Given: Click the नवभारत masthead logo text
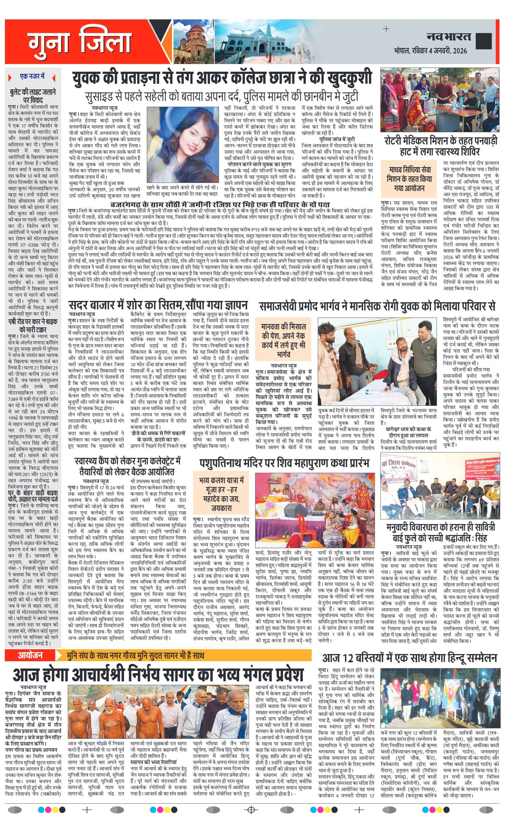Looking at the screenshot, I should pyautogui.click(x=449, y=37).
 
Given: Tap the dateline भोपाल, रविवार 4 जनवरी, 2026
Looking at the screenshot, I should pyautogui.click(x=430, y=51).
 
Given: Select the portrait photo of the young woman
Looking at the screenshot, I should pyautogui.click(x=182, y=144).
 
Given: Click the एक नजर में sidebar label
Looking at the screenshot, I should pyautogui.click(x=33, y=77).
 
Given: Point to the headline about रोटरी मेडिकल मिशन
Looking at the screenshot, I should pyautogui.click(x=440, y=145).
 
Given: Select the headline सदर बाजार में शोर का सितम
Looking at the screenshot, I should pyautogui.click(x=158, y=305).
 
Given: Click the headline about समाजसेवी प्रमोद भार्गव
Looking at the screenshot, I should pyautogui.click(x=377, y=306).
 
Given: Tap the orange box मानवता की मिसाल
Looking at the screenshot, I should pyautogui.click(x=283, y=340).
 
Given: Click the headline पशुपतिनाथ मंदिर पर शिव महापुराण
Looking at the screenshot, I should pyautogui.click(x=284, y=462).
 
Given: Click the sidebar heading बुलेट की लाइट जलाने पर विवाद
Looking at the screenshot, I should pyautogui.click(x=33, y=96).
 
